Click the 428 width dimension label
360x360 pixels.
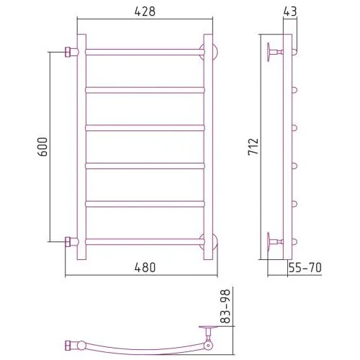(145, 12)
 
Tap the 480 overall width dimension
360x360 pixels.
(145, 267)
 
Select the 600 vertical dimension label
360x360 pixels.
(42, 147)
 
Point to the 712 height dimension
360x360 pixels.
(253, 147)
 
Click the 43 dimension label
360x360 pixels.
(290, 12)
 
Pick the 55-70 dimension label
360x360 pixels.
(305, 268)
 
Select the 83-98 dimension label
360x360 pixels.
(225, 306)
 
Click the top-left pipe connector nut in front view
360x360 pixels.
(68, 52)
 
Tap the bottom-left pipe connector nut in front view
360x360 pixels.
(68, 242)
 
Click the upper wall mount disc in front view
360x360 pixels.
(208, 51)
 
